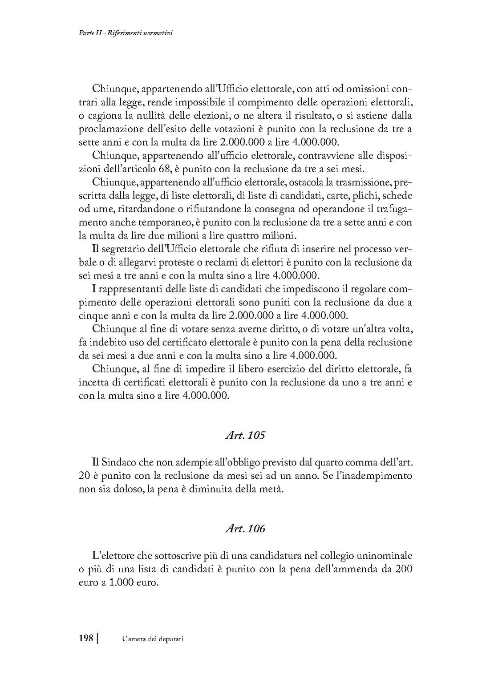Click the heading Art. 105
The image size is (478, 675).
click(245, 435)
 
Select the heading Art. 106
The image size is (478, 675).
click(245, 529)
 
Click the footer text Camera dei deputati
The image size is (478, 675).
click(153, 639)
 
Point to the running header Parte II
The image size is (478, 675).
click(85, 33)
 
